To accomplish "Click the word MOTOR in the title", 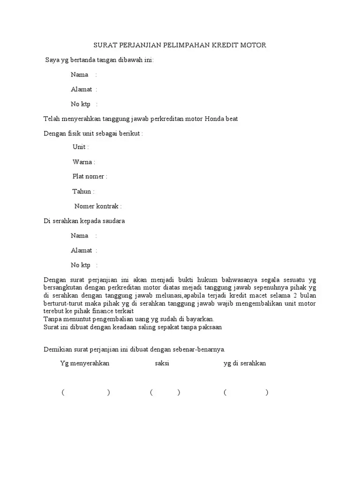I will click(x=255, y=45).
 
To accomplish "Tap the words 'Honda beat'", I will click(x=221, y=119).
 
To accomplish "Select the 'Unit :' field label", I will click(x=81, y=147).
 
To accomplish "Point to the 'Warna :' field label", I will click(x=84, y=162).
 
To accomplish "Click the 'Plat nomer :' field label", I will click(x=90, y=177).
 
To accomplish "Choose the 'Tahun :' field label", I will click(x=83, y=191).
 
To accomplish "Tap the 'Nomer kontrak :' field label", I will click(x=98, y=206).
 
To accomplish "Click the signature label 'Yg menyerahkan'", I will click(x=85, y=364).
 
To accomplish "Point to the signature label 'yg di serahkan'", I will click(x=245, y=364).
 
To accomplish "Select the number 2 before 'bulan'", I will click(x=296, y=295).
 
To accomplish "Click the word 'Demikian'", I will click(x=57, y=349).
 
